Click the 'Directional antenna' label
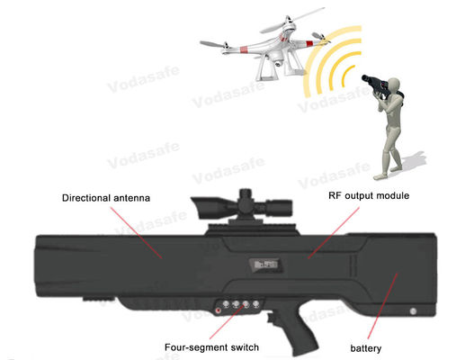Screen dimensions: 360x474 pos(104,196)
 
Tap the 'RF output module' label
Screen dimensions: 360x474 pos(367,195)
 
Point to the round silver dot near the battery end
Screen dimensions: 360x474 pos(414,312)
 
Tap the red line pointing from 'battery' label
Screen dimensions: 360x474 pos(389,315)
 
